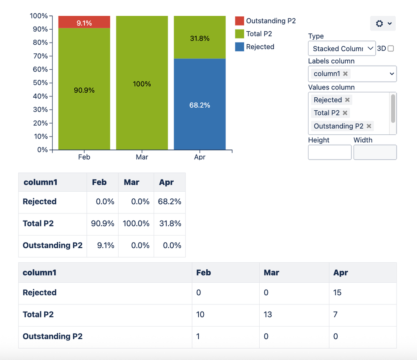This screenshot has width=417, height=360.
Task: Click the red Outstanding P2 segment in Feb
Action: [x=84, y=22]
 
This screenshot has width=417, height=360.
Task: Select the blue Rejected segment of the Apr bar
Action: [x=200, y=104]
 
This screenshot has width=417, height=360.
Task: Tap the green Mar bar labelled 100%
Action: [x=142, y=84]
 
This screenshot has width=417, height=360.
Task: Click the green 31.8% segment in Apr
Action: [x=200, y=38]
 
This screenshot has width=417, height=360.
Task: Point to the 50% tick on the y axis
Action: [x=41, y=83]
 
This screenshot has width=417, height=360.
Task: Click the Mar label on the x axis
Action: [x=142, y=157]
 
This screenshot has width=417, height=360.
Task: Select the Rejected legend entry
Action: [x=260, y=47]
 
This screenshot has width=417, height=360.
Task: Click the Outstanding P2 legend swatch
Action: [x=239, y=21]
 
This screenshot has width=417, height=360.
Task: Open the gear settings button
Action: [x=382, y=23]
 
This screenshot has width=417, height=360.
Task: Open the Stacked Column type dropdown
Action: [x=341, y=48]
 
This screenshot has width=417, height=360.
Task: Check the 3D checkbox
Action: [x=391, y=48]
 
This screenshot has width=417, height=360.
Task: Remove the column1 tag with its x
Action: [x=345, y=74]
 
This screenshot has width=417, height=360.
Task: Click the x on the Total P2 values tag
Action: [x=345, y=113]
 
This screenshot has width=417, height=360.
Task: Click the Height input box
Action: [x=330, y=152]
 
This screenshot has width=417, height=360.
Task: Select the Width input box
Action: [x=375, y=152]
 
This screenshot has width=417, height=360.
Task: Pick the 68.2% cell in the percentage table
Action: [x=169, y=201]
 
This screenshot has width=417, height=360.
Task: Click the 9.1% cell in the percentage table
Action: [x=103, y=245]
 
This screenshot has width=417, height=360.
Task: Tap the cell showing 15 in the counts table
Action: [x=337, y=293]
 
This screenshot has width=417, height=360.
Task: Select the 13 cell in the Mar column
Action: [x=268, y=314]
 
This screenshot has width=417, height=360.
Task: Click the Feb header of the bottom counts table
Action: [x=204, y=273]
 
